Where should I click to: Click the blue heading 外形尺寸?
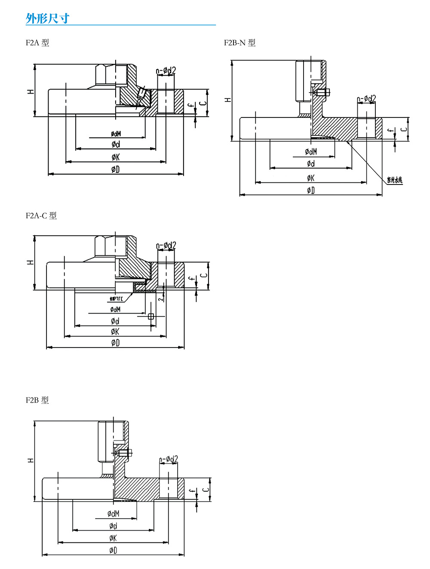[x=47, y=18]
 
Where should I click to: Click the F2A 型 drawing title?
[x=37, y=43]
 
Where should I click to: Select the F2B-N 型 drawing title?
[x=240, y=43]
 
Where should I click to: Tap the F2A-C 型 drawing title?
[x=41, y=215]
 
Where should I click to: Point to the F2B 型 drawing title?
[x=37, y=400]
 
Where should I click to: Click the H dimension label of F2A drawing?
[x=31, y=92]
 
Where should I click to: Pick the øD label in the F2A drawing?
[x=115, y=169]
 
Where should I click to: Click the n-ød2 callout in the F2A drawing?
[x=166, y=71]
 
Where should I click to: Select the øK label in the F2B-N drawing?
[x=310, y=178]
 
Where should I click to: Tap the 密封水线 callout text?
[x=394, y=180]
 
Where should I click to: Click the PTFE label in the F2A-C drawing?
[x=116, y=299]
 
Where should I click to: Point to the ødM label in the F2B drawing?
[x=114, y=514]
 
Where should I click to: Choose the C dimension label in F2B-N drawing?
[x=403, y=129]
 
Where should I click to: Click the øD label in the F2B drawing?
[x=113, y=550]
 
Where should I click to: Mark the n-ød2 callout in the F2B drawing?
[x=168, y=459]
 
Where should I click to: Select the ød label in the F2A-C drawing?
[x=115, y=321]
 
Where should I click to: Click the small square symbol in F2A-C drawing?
[x=151, y=317]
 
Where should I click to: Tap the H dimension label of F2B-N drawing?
[x=228, y=100]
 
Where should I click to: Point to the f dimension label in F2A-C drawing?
[x=192, y=279]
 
